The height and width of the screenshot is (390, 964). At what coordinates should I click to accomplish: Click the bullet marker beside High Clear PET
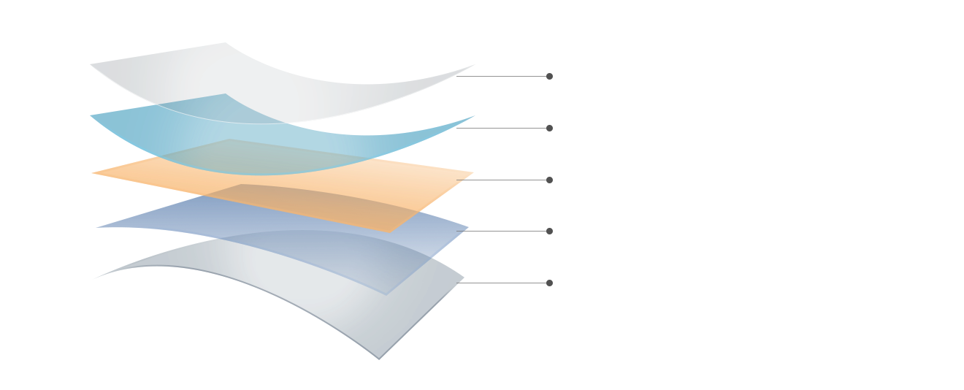tap(549, 76)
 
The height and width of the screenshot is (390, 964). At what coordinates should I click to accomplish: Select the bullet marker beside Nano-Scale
tap(549, 128)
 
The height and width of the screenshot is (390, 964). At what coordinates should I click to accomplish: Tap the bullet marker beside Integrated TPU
tap(549, 180)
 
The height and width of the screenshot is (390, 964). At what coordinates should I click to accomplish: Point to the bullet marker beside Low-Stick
tap(549, 231)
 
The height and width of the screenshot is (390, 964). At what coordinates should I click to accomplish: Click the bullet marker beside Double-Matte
tap(549, 283)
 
